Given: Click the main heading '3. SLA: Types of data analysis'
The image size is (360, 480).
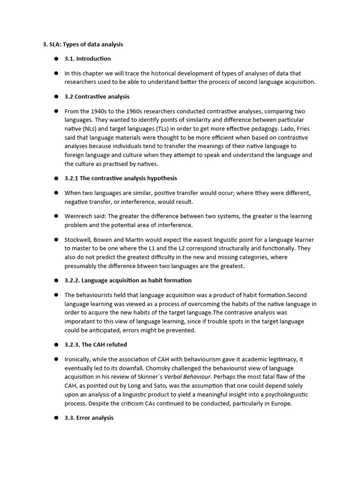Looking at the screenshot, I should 82,45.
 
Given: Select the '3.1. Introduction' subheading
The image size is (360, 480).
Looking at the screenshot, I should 88,59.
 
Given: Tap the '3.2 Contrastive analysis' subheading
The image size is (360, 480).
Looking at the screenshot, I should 97,97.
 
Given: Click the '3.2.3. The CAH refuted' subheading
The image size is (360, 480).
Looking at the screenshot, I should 96,345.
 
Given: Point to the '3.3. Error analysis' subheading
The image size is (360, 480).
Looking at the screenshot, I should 89,418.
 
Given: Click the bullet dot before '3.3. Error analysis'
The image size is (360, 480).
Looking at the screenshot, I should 55,418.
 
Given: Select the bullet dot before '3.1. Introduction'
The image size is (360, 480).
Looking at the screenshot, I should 55,59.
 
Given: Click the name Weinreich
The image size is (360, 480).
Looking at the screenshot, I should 78,216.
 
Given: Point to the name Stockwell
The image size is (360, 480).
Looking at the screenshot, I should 79,240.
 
